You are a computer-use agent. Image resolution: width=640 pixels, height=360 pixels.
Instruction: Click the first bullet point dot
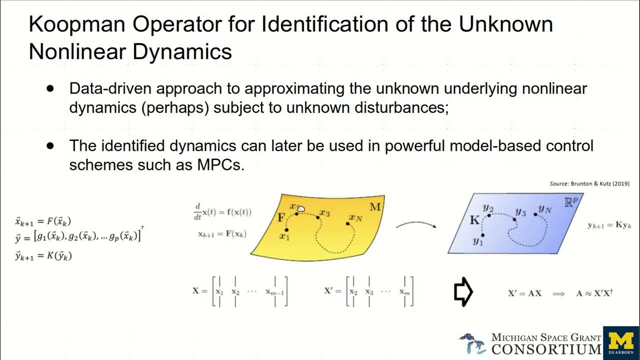(x=50, y=88)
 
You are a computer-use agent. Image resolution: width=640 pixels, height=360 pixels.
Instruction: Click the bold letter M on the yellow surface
(x=375, y=206)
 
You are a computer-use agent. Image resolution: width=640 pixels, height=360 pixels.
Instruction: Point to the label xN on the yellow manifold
(x=355, y=217)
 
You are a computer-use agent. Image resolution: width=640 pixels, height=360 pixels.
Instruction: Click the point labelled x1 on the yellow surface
(x=286, y=230)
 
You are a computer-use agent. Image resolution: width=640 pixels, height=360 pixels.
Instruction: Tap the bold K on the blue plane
(x=474, y=219)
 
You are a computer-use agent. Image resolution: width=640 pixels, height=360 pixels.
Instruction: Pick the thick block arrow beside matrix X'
(x=463, y=291)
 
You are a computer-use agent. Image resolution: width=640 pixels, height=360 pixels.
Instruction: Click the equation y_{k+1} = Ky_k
(x=610, y=225)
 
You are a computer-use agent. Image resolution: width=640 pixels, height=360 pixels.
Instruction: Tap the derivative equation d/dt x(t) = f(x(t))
(x=223, y=211)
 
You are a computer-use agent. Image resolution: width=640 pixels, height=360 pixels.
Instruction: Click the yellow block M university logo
(x=621, y=343)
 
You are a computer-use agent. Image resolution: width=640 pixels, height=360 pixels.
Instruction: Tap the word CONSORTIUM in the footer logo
(x=546, y=348)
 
